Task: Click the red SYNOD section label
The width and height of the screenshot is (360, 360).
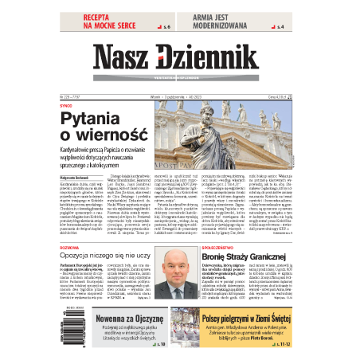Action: (x=67, y=106)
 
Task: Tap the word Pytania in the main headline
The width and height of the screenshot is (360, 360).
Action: (x=95, y=119)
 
